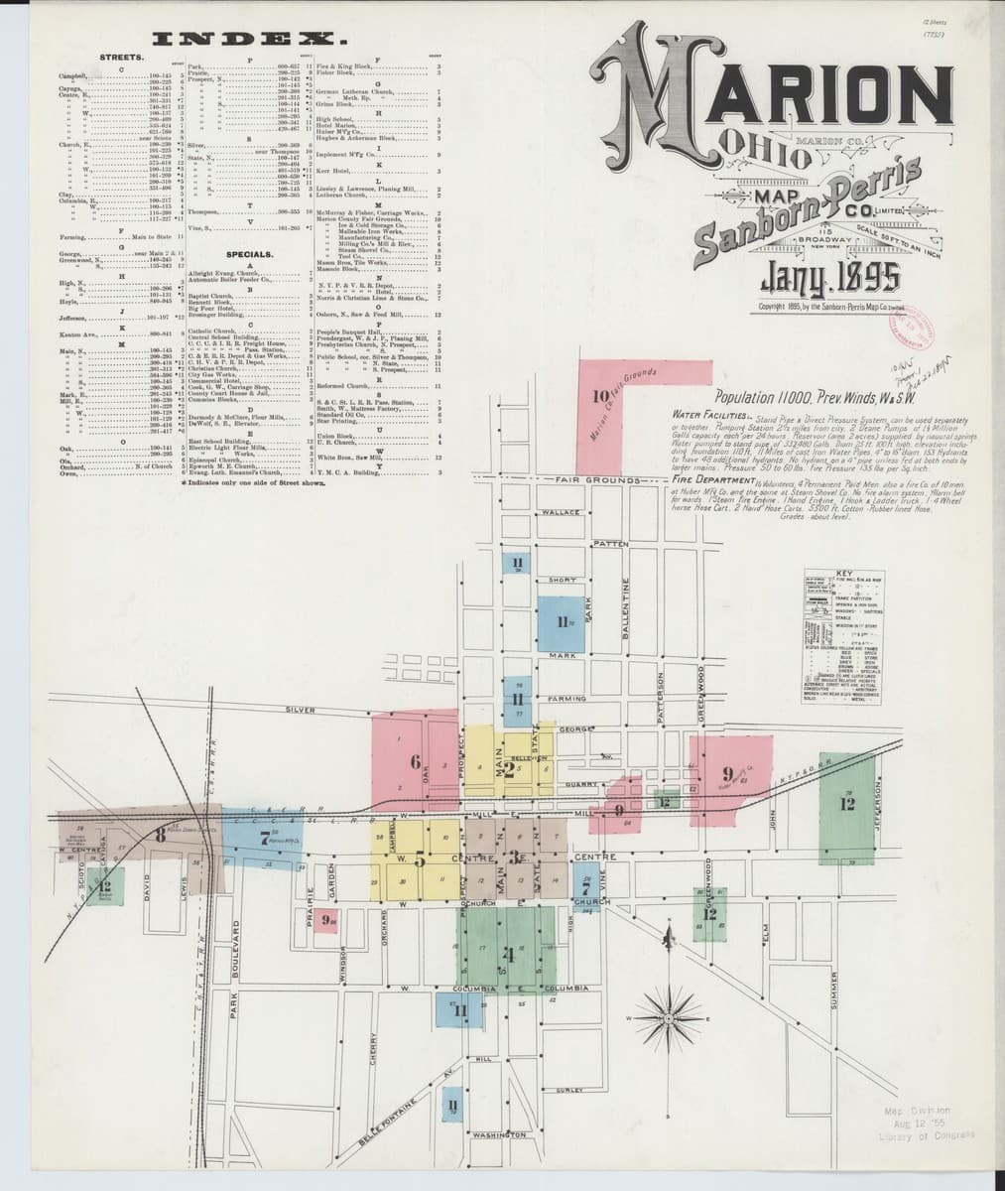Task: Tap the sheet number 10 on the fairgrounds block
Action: tap(599, 396)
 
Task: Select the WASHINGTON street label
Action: tap(499, 1134)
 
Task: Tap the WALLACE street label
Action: tap(562, 512)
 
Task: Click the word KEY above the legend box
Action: tap(844, 574)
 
